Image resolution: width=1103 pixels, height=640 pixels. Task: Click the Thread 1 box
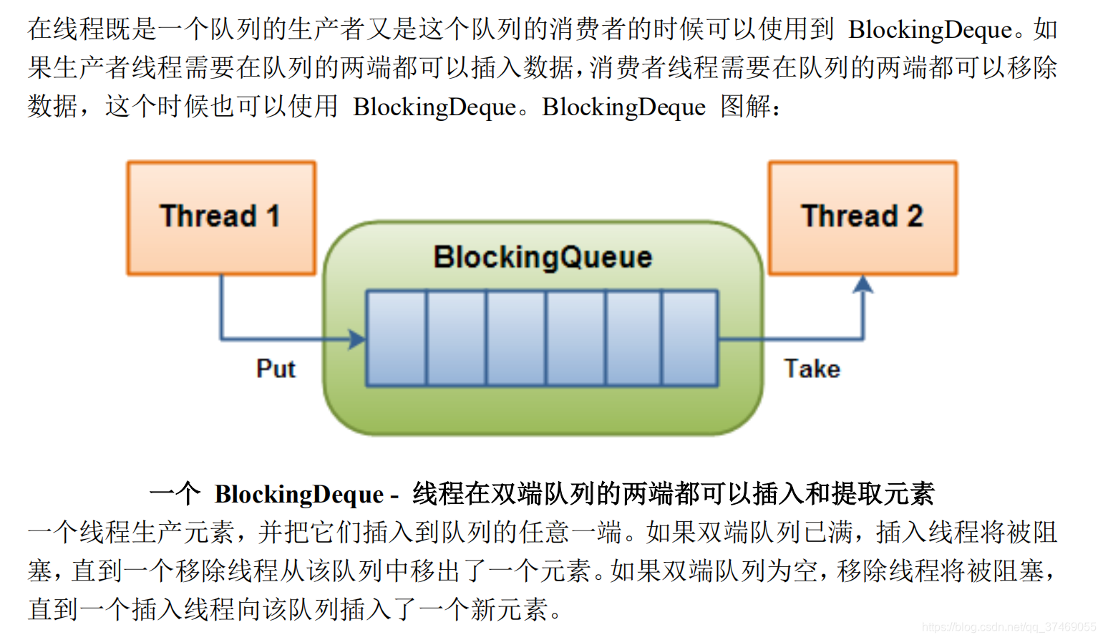(221, 218)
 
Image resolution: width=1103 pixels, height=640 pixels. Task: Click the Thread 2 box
(863, 218)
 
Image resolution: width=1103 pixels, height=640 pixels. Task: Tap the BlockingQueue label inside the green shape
(543, 257)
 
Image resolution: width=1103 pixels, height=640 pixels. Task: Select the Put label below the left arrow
(276, 369)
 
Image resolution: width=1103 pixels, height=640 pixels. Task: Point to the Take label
(812, 369)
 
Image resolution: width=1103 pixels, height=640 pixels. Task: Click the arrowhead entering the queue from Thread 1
(356, 339)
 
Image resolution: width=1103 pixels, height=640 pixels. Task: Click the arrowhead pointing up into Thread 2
(863, 285)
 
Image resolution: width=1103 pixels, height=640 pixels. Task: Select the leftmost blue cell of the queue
(397, 338)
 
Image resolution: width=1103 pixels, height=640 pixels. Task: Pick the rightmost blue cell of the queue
(689, 338)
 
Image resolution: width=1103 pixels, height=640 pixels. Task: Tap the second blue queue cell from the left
(457, 338)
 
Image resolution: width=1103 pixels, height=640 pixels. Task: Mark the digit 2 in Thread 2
(915, 216)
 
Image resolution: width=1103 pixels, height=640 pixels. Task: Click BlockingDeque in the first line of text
(930, 29)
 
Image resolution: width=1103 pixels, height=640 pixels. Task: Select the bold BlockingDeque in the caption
(299, 494)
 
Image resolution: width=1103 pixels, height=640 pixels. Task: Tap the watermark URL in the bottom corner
(1009, 627)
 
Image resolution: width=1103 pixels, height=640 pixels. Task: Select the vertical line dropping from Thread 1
(221, 306)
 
